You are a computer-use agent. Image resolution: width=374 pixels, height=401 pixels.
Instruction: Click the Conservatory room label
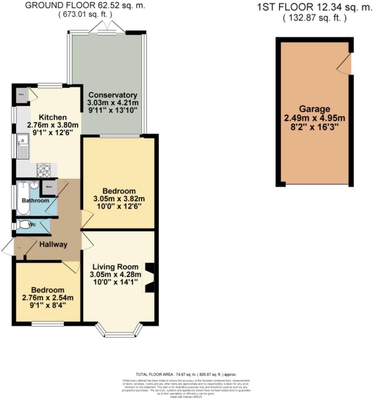pos(113,95)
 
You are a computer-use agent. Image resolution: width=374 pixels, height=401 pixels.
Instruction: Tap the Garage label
pos(314,109)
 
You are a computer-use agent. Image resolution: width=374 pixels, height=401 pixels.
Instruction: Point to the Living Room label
pos(115,267)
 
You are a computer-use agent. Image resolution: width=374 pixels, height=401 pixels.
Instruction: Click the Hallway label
pos(53,244)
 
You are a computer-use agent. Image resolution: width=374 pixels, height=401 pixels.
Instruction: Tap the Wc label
pos(32,225)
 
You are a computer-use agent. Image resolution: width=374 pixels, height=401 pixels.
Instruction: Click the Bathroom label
pos(35,200)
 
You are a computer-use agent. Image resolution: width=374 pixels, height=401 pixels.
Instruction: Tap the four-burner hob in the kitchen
pos(44,170)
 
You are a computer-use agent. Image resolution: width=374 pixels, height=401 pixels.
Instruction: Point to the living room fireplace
pos(149,278)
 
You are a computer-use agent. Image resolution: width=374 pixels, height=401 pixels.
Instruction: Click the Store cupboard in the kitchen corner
pos(21,94)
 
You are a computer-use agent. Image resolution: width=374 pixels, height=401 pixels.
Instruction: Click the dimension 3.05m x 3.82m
pos(119,199)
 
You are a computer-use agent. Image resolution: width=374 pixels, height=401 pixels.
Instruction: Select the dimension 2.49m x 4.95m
pos(314,118)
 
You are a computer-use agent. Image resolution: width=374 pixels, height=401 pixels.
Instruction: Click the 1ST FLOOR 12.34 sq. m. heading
pos(314,7)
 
